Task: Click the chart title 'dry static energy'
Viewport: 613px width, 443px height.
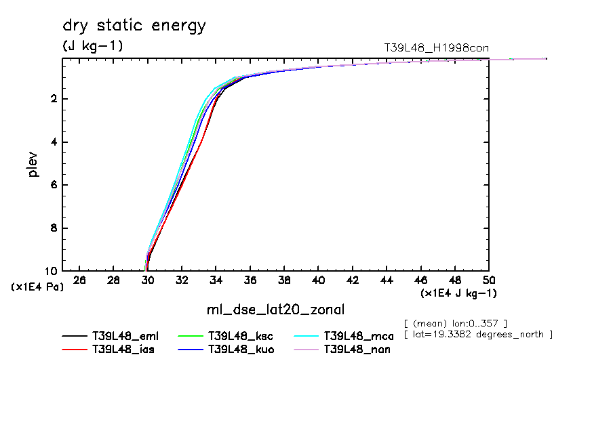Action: [134, 26]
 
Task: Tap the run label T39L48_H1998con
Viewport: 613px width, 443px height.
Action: [436, 48]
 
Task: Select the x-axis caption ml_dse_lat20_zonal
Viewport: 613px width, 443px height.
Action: [275, 310]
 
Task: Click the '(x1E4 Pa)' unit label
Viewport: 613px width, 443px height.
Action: [37, 287]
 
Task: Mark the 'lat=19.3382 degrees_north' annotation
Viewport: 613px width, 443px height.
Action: [478, 335]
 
